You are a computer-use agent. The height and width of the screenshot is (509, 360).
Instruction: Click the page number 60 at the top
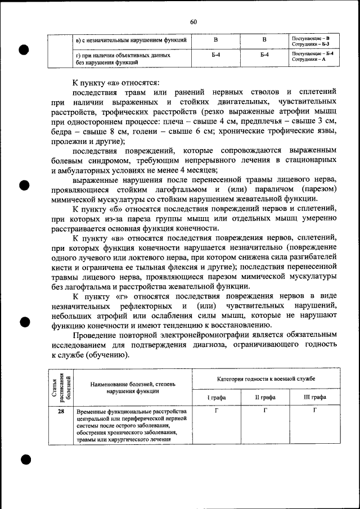coord(193,22)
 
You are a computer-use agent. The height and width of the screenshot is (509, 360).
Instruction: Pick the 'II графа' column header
coord(265,397)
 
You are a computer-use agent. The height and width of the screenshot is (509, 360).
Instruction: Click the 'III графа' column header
coord(314,397)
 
